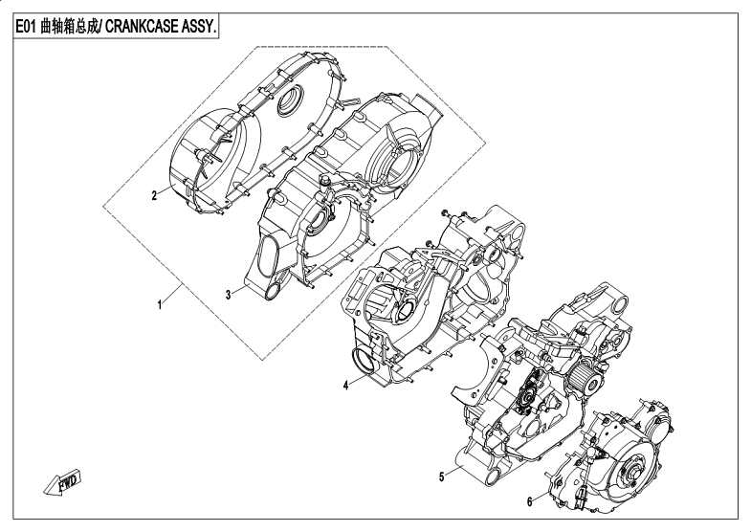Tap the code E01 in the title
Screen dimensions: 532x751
pos(26,29)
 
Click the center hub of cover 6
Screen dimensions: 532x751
pos(633,472)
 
